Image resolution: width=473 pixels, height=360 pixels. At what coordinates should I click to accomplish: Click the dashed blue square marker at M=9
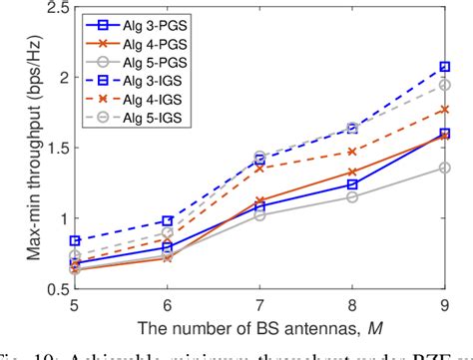point(442,68)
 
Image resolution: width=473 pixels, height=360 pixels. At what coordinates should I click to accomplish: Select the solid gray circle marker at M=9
point(442,168)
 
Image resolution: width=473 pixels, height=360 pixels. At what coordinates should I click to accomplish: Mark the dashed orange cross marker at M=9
point(442,110)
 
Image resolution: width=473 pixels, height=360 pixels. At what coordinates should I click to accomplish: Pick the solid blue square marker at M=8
point(352,184)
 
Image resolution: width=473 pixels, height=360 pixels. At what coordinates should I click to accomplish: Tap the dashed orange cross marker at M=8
point(352,152)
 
